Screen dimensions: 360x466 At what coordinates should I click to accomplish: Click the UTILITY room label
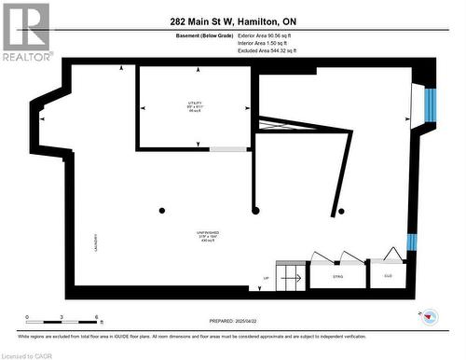[194, 104]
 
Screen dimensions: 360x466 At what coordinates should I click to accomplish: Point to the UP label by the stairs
[267, 278]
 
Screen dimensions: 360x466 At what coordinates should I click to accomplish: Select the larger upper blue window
[430, 104]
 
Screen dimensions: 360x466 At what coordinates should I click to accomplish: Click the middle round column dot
[255, 211]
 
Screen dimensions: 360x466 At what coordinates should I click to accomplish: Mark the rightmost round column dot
[342, 211]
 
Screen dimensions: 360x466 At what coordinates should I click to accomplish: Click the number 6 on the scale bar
[98, 318]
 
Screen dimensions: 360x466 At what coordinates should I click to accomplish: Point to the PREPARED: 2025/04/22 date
[233, 320]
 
